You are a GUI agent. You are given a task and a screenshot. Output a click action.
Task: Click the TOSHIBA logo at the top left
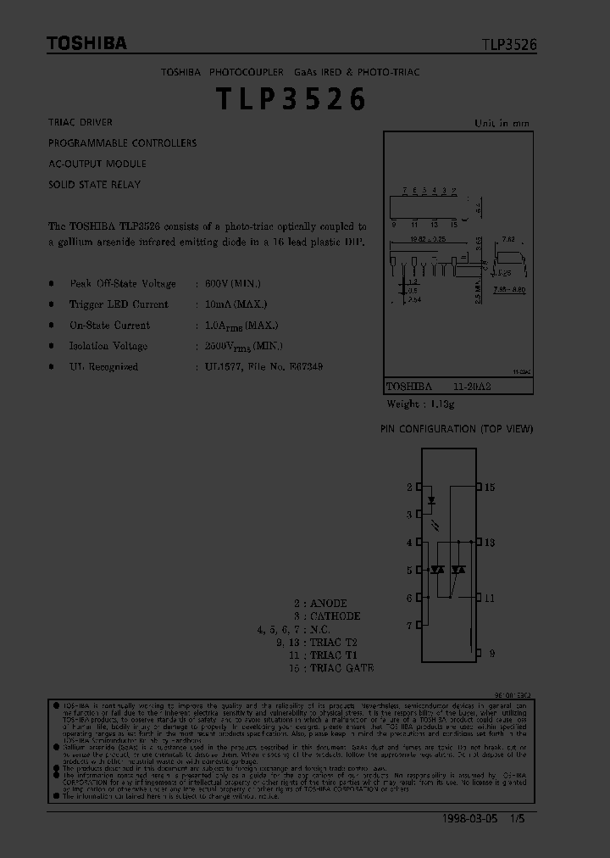(x=86, y=43)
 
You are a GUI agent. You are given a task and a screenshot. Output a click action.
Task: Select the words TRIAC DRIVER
(x=80, y=123)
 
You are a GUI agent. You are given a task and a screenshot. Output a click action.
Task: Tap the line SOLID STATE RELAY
(x=94, y=184)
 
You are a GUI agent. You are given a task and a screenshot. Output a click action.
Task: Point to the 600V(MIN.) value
(x=232, y=284)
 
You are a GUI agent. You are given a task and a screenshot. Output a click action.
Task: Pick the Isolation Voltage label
(x=108, y=346)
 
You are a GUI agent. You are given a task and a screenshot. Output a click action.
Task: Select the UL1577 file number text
(x=263, y=367)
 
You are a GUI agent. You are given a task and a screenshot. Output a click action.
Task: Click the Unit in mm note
(x=502, y=124)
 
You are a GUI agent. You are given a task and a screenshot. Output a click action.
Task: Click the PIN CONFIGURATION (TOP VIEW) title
(x=457, y=429)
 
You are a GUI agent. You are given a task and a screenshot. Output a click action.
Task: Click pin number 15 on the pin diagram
(x=490, y=487)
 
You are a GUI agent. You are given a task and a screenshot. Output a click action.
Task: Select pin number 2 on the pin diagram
(x=409, y=487)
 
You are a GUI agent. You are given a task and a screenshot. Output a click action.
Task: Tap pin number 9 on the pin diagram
(x=490, y=654)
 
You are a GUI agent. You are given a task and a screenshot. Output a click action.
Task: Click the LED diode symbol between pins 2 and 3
(x=432, y=500)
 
